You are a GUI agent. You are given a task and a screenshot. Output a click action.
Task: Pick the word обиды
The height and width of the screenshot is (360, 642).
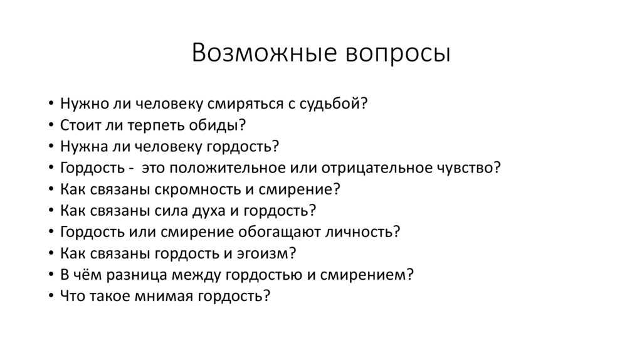click(214, 125)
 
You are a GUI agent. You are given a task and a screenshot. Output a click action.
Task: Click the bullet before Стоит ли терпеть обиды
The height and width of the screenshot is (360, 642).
click(51, 125)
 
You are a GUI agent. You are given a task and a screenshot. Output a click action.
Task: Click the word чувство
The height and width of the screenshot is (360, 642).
click(465, 168)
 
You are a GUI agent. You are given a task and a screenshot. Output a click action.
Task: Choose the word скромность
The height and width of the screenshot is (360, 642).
click(203, 190)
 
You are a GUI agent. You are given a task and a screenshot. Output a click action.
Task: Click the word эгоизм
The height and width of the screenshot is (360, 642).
click(263, 254)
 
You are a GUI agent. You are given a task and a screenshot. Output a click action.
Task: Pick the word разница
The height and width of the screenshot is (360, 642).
click(137, 275)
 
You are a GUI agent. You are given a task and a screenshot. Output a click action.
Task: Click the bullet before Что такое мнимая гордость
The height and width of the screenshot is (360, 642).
click(51, 295)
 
